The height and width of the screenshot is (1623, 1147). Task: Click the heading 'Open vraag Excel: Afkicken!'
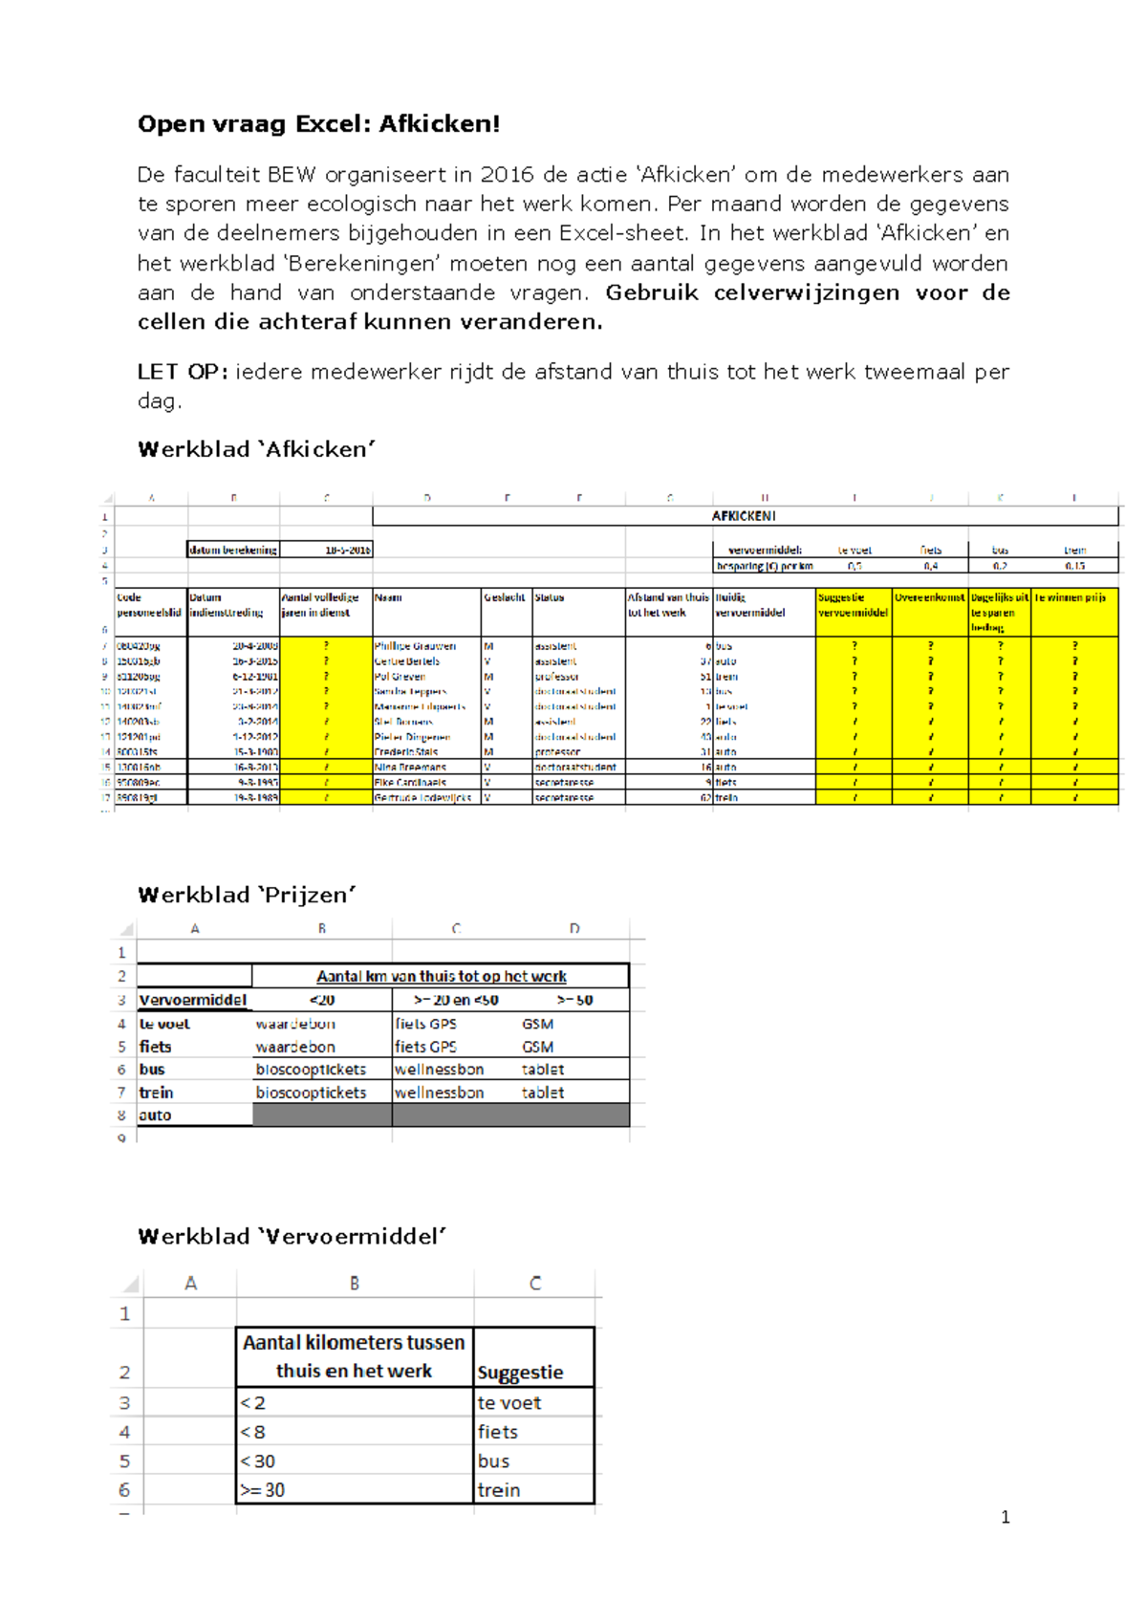coord(318,124)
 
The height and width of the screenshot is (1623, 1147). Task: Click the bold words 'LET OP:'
coord(182,372)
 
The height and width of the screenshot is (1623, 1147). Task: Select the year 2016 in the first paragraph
coord(508,175)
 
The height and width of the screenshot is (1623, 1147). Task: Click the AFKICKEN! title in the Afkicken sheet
coord(744,516)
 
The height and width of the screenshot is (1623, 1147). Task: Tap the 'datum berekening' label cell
coord(233,551)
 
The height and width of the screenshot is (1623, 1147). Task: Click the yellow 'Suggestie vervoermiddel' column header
coord(853,605)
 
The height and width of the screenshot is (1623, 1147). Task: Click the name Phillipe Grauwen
coord(415,646)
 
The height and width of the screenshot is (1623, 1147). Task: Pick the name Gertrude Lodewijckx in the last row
coord(422,797)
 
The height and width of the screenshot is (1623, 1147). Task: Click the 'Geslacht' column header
coord(505,597)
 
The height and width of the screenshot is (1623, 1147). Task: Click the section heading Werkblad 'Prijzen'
coord(247,896)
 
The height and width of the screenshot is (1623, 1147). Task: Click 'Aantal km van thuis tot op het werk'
coord(441,977)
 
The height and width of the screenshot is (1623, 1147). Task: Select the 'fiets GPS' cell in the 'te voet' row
coord(425,1024)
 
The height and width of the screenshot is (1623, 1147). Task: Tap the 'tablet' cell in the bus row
coord(542,1070)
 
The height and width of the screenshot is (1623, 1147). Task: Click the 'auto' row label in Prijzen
coord(155,1115)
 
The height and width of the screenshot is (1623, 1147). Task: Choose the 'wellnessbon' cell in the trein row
coord(439,1093)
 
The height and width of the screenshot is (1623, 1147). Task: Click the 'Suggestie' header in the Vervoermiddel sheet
coord(520,1373)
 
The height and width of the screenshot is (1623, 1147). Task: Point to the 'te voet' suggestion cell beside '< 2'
coord(509,1403)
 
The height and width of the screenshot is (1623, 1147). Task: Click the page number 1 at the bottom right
coord(1005,1517)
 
